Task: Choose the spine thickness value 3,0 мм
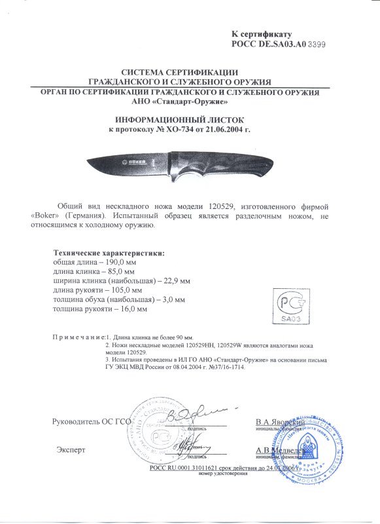pyautogui.click(x=170, y=299)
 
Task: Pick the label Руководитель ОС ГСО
pyautogui.click(x=88, y=422)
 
